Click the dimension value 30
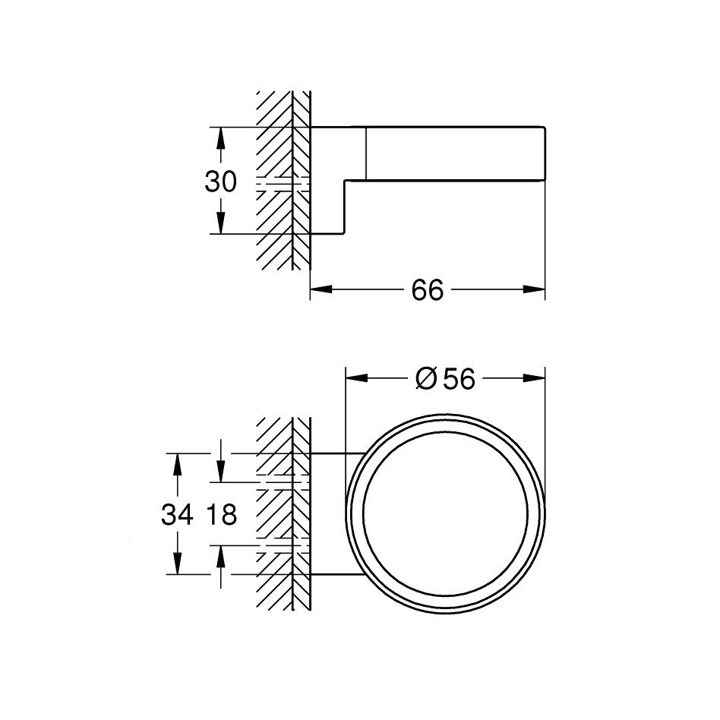point(220,182)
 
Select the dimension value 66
point(427,289)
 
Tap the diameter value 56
point(459,378)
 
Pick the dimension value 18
point(220,516)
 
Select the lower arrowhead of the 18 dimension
point(220,556)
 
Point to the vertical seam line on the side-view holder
point(367,152)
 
